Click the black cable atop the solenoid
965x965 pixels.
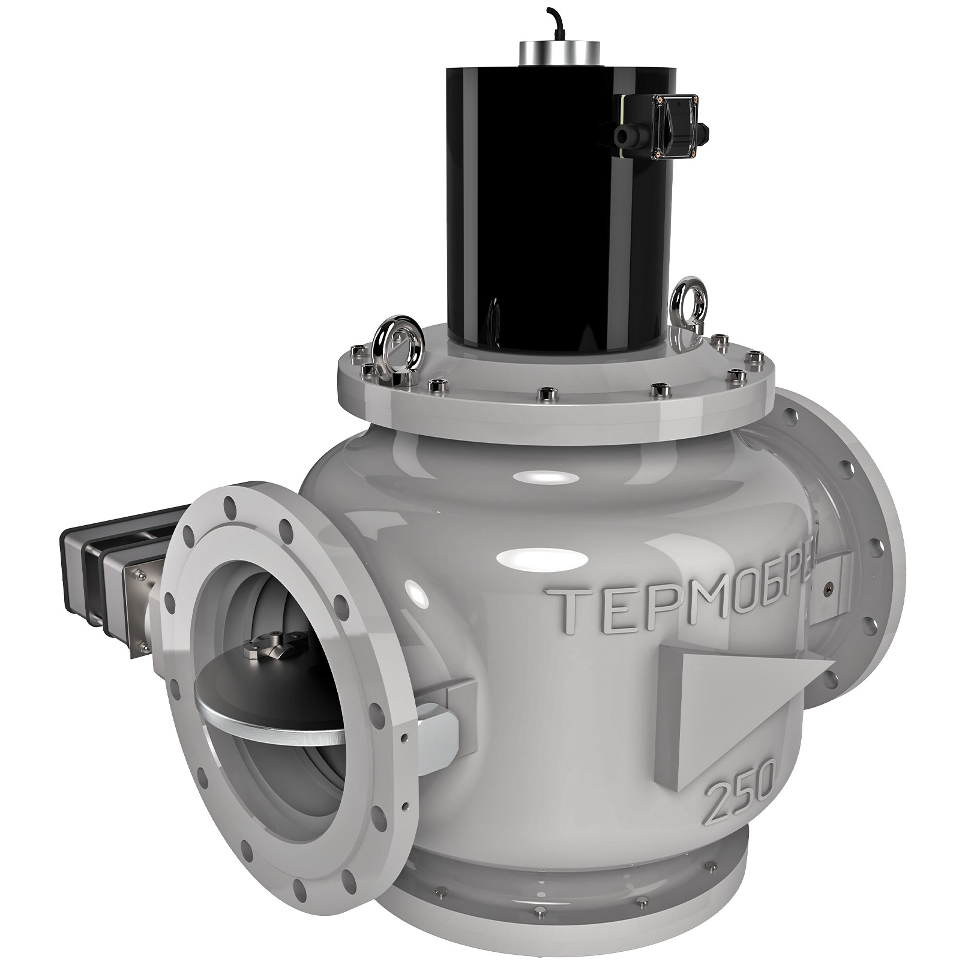556,24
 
